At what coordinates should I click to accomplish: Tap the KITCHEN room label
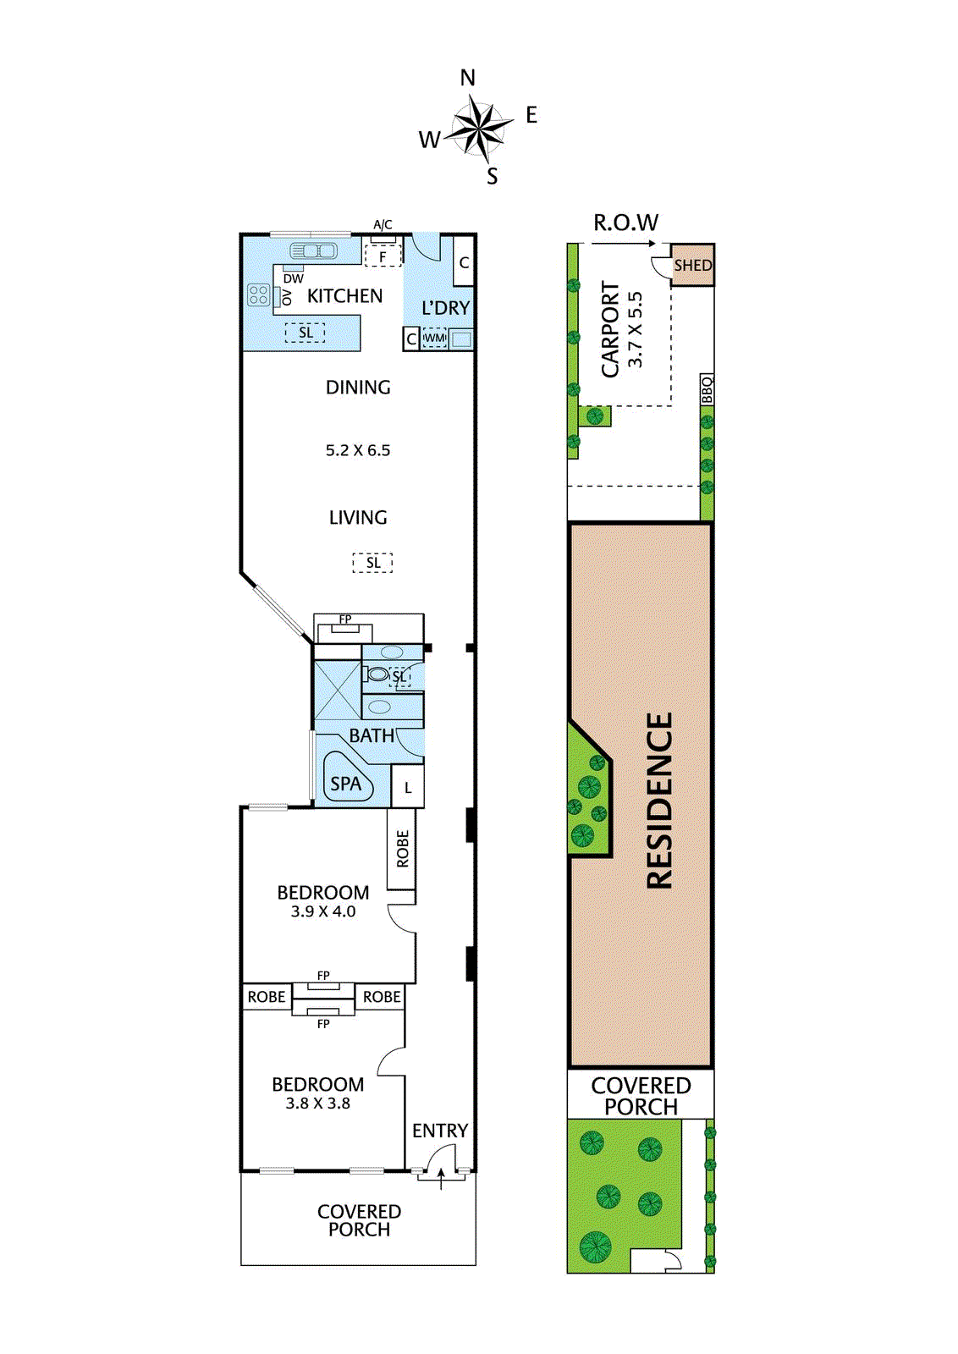344,296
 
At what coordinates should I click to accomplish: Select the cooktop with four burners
258,295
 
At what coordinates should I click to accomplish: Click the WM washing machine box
434,338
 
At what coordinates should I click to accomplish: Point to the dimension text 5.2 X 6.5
358,450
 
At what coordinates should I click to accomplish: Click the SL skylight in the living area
372,563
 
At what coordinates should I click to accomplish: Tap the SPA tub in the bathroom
346,783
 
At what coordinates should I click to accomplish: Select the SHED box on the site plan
692,266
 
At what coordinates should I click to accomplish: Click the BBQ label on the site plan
707,390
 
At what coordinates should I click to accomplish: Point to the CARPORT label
610,330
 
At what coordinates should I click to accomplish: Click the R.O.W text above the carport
625,223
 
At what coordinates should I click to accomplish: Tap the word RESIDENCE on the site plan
659,800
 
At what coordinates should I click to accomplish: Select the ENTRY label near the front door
439,1131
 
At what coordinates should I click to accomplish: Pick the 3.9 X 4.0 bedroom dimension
323,911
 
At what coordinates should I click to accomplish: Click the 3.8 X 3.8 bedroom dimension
317,1104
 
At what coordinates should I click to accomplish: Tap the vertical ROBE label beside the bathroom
402,849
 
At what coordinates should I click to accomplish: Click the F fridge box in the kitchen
383,256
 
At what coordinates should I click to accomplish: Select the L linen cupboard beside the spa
408,788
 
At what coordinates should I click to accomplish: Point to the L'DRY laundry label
445,308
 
